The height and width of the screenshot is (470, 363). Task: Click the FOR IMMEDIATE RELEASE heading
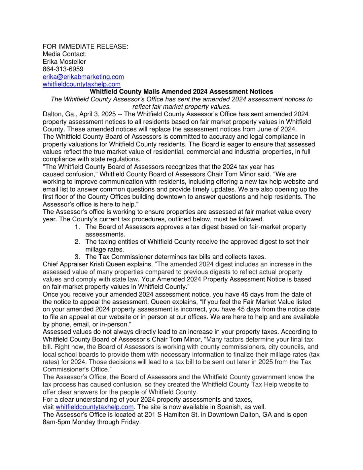coord(85,47)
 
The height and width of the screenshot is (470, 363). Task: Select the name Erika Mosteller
coord(64,62)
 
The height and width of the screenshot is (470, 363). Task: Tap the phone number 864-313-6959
coord(63,69)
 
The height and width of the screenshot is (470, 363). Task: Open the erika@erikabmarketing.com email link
coord(83,77)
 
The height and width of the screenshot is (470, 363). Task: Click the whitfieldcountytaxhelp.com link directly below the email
coord(81,84)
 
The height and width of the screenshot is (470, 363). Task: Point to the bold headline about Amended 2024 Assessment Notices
coord(181,92)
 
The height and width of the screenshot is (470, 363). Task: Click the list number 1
coord(77,227)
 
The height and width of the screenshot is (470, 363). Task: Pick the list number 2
coord(77,242)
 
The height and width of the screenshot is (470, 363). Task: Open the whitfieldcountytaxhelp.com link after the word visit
coord(95,407)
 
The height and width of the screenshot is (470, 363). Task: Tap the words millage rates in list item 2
coord(104,249)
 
